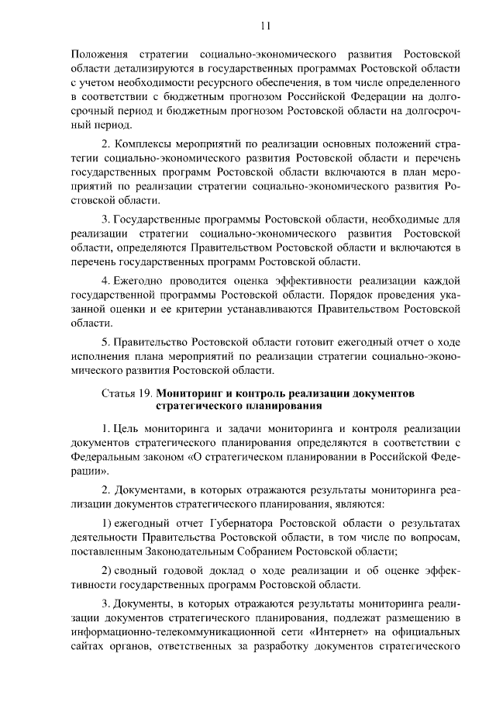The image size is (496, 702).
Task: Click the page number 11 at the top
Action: (265, 26)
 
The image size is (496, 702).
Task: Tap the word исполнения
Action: (98, 356)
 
